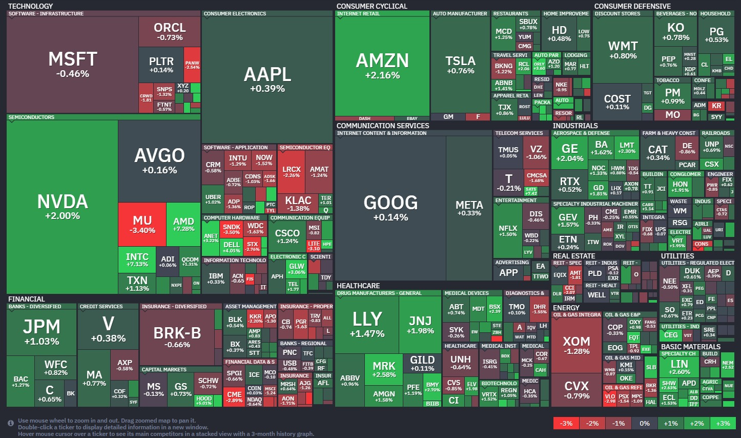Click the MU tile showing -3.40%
(x=142, y=225)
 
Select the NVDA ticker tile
(x=62, y=206)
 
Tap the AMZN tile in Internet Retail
(x=382, y=66)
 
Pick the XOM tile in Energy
(x=576, y=345)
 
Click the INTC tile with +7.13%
(x=137, y=260)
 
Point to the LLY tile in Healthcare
(x=367, y=324)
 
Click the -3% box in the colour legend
(x=566, y=423)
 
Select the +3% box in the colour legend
(x=723, y=423)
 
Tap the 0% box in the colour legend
(x=645, y=423)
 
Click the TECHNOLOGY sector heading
(x=30, y=6)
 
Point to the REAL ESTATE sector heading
(x=574, y=256)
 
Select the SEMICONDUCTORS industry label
(x=31, y=117)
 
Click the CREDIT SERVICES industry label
(x=101, y=307)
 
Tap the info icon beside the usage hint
(x=11, y=423)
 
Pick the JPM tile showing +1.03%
(x=42, y=331)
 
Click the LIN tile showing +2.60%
(x=680, y=367)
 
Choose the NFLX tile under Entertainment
(x=508, y=230)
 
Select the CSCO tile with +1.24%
(x=287, y=236)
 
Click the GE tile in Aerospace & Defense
(x=569, y=152)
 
